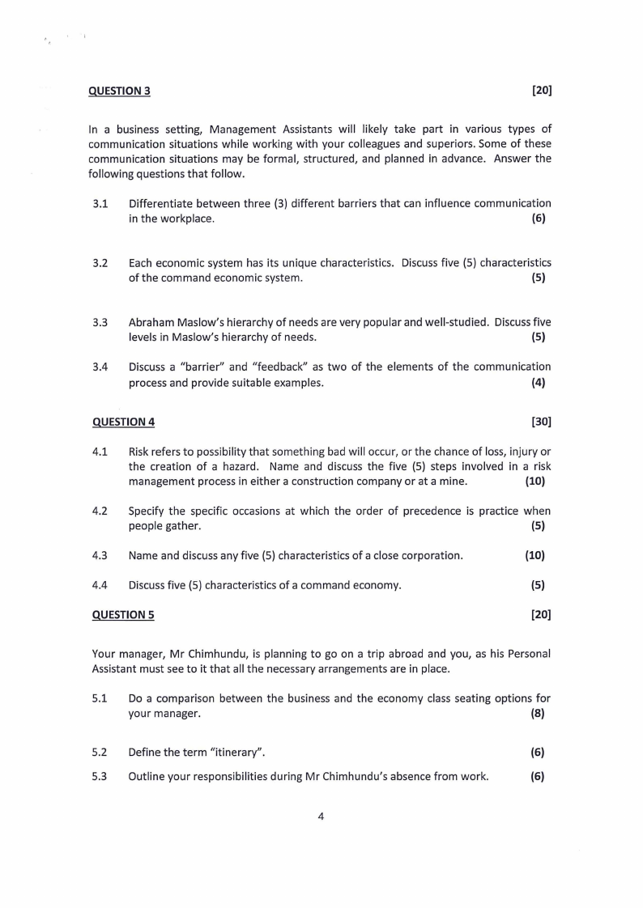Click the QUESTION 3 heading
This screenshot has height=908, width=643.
coord(120,91)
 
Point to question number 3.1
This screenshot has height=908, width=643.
coord(100,203)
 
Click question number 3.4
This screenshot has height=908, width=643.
coord(100,367)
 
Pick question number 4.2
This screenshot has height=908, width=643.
coord(100,511)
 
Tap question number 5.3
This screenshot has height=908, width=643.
coord(100,776)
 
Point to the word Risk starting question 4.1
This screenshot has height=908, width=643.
coord(141,451)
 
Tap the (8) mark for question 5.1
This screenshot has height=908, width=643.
coord(538,714)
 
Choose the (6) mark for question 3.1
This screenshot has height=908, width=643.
coord(538,219)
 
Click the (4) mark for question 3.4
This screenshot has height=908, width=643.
coord(538,383)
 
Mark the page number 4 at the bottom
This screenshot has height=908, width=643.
coord(321,816)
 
